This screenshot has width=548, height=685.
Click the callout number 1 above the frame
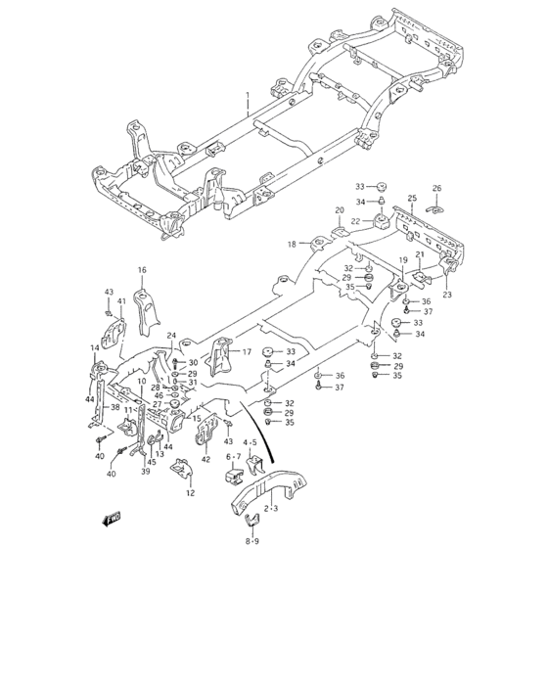coord(248,97)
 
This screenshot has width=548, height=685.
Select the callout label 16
coord(141,269)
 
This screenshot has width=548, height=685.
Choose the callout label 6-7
coord(233,456)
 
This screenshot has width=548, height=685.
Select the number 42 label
coord(205,459)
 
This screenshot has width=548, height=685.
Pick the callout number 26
coord(436,188)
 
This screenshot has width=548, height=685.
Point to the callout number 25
coord(412,199)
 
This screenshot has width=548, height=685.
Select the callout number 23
coord(447,295)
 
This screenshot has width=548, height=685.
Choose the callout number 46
coord(160,395)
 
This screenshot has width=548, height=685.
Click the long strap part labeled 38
coord(98,391)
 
